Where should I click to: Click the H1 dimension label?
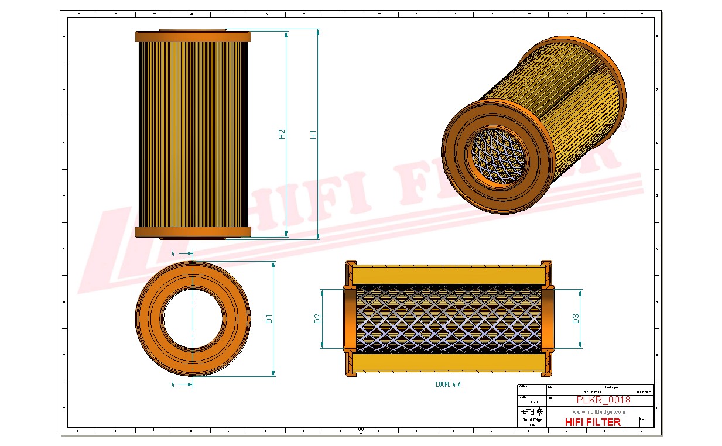(314, 133)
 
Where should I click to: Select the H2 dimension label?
(282, 133)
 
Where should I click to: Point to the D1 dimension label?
(269, 319)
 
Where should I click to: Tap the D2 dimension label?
(318, 318)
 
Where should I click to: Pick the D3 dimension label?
(576, 318)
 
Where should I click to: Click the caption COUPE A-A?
(448, 385)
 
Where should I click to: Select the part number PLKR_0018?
(603, 400)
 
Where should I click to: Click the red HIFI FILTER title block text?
(592, 422)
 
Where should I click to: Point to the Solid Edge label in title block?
(532, 420)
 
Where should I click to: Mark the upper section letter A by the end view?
(173, 253)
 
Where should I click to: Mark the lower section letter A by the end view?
(173, 385)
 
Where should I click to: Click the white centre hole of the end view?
(193, 319)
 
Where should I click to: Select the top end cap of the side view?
(193, 36)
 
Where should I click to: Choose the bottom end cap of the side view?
(193, 232)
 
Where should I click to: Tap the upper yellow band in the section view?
(448, 274)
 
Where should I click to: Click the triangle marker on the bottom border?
(361, 430)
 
